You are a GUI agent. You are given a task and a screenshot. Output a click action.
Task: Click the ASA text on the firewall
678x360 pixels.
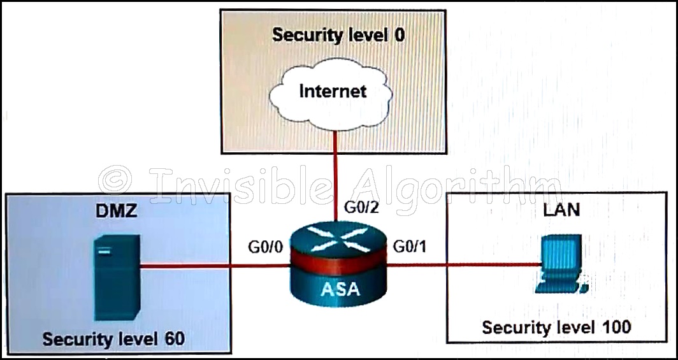coord(340,289)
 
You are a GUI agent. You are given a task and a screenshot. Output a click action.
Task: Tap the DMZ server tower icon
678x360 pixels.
coord(117,273)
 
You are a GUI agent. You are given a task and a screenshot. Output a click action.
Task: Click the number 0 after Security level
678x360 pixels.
coord(399,34)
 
